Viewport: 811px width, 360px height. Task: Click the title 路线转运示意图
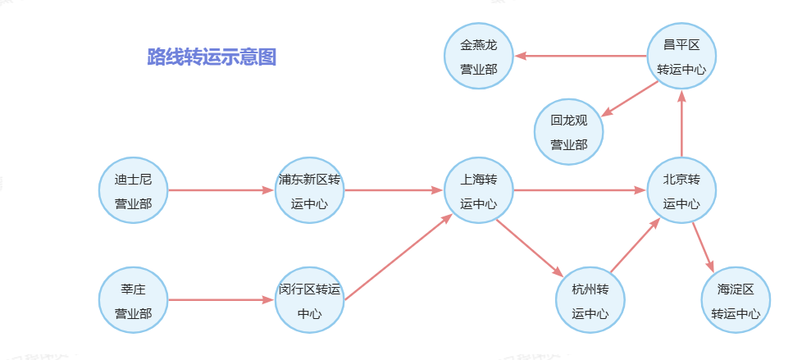212,57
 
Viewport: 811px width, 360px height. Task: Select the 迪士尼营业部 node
133,190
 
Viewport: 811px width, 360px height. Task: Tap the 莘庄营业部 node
133,300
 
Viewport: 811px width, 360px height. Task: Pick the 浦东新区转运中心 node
309,190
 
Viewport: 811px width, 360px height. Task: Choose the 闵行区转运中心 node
309,300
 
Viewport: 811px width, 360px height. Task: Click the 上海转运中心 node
478,190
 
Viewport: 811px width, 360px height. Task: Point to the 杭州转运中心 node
590,300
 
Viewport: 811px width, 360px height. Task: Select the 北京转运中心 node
681,190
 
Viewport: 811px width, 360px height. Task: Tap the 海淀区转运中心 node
736,300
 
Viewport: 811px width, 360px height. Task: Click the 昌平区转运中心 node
681,57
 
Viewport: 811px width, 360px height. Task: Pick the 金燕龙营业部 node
478,57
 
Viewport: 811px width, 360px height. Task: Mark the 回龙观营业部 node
568,132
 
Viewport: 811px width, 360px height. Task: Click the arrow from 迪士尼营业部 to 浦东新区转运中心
220,190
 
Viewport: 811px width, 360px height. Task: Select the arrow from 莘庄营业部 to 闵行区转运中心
220,300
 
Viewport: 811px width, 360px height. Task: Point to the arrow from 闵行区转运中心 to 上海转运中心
398,257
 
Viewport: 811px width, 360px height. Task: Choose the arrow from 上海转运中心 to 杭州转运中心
530,248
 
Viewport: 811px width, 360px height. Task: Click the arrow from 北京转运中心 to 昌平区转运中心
681,123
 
